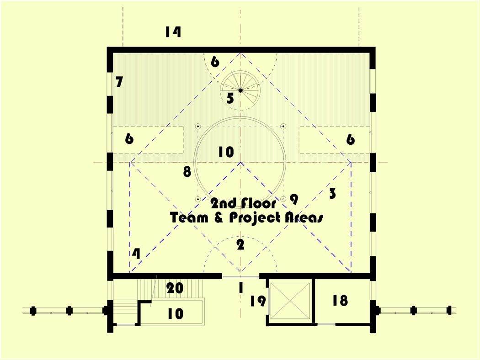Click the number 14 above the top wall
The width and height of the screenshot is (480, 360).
(173, 32)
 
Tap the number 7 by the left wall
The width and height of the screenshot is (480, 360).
(119, 82)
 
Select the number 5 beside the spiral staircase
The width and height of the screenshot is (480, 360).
(230, 98)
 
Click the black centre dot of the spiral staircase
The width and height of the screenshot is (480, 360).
(240, 90)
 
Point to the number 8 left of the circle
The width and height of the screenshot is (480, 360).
(187, 172)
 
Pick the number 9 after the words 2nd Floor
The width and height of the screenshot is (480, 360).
(294, 199)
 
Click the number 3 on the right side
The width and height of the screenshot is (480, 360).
(332, 193)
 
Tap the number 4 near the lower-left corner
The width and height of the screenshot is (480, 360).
(136, 254)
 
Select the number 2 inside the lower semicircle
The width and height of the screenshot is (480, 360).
(240, 245)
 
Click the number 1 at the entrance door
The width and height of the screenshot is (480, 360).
(240, 288)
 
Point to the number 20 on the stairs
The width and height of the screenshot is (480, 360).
(175, 289)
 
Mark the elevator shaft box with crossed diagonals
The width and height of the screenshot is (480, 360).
(291, 301)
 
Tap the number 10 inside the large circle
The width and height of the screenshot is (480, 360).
(226, 152)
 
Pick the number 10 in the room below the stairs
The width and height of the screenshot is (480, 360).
(175, 314)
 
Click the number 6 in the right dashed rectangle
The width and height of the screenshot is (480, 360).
(350, 139)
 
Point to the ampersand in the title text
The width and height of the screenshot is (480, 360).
(219, 218)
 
